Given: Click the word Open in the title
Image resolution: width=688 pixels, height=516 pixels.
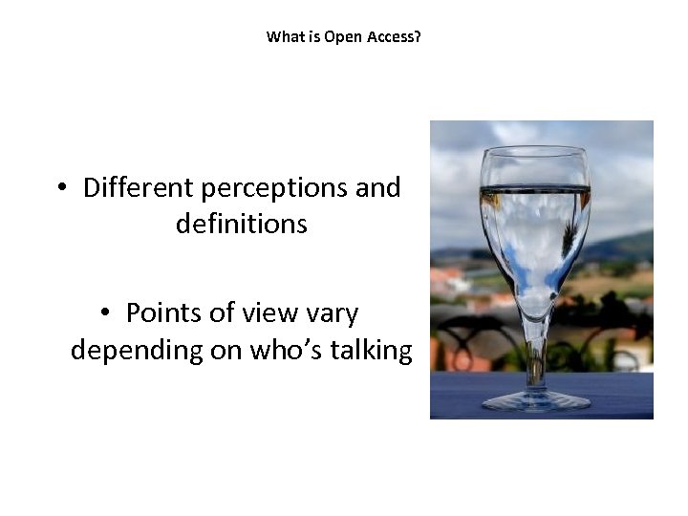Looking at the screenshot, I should click(x=340, y=37).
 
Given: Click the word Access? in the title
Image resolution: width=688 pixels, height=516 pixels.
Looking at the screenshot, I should click(x=392, y=37).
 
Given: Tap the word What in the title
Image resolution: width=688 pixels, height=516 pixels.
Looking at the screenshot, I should click(x=284, y=37).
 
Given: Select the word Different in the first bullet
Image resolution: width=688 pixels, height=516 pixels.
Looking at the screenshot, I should click(x=139, y=187).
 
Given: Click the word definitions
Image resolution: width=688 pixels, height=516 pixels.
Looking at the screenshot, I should click(x=242, y=225).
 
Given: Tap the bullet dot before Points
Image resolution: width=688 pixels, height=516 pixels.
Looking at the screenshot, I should click(x=105, y=313).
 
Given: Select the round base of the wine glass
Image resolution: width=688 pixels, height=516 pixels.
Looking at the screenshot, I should click(x=536, y=400).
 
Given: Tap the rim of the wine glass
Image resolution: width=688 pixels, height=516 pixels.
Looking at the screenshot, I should click(x=535, y=151).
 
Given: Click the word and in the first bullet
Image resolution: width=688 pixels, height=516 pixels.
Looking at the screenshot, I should click(x=377, y=187).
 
